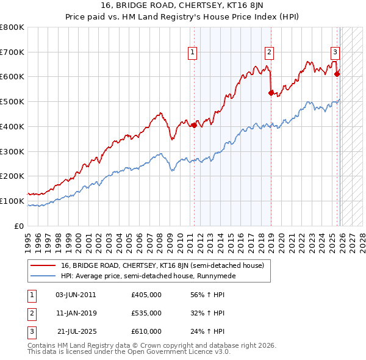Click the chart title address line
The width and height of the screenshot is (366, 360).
(x=182, y=7)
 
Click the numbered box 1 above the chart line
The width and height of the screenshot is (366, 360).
(x=193, y=53)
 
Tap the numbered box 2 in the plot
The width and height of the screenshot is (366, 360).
(x=269, y=53)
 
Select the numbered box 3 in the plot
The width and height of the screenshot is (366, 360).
(x=335, y=53)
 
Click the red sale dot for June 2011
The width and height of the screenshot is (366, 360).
(x=194, y=125)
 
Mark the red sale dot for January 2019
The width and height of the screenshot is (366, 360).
(x=271, y=93)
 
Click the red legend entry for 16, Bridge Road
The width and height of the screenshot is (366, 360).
(x=162, y=265)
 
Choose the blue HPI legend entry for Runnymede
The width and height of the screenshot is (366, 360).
(x=148, y=276)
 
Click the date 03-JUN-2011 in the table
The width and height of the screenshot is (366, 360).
(x=76, y=295)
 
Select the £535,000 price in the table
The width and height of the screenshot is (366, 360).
(x=146, y=313)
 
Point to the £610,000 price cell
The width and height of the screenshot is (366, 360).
(x=146, y=331)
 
